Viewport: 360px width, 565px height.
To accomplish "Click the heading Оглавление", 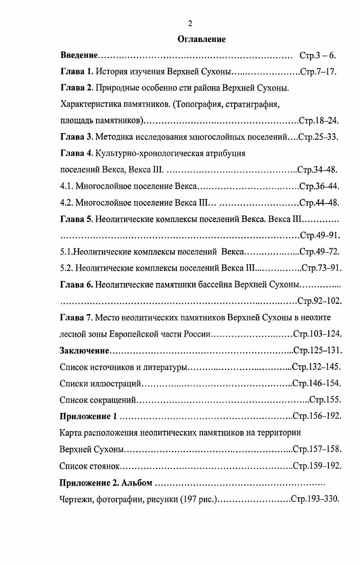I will click(x=201, y=40).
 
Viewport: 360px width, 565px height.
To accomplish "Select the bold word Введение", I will click(x=79, y=56).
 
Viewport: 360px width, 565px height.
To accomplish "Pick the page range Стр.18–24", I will click(x=319, y=120).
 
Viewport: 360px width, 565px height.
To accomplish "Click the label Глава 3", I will click(x=76, y=137).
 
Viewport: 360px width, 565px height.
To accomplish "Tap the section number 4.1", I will click(x=66, y=186).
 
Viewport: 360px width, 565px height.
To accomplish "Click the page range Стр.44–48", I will click(x=319, y=202).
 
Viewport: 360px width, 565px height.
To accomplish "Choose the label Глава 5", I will click(x=76, y=219).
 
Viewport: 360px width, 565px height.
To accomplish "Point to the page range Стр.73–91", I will click(x=321, y=268).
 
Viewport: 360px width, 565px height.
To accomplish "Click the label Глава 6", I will click(x=76, y=284).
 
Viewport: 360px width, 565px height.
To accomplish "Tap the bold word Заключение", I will click(x=85, y=350).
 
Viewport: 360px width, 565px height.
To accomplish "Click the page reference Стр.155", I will click(x=324, y=399).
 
